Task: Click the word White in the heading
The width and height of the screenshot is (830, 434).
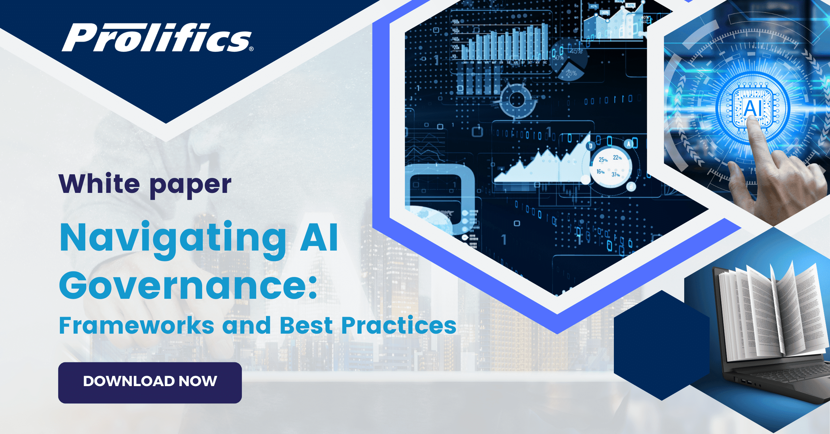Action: (99, 184)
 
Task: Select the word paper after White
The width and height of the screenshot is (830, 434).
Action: (190, 186)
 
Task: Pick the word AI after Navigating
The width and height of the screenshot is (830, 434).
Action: (319, 238)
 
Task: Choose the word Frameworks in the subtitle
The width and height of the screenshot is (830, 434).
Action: (137, 326)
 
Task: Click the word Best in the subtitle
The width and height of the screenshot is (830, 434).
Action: (306, 326)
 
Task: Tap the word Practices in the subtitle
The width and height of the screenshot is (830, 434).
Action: (399, 326)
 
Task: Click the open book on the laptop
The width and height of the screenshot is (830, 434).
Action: (771, 313)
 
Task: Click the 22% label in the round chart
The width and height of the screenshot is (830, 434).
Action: (617, 158)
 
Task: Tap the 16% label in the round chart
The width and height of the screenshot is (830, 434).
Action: (600, 172)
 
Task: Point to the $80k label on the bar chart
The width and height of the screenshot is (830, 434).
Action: (456, 22)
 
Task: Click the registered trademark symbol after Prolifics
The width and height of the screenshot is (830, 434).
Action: (251, 49)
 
